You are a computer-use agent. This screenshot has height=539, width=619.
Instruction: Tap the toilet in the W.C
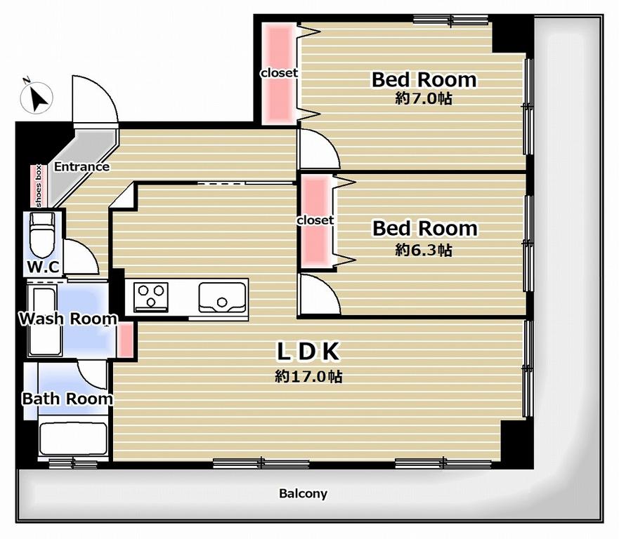pos(42,235)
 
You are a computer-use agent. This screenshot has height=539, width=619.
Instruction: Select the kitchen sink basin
pos(222,297)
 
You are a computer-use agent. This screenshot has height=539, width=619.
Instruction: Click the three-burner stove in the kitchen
pos(151,297)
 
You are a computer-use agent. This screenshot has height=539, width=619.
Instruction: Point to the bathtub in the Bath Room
pos(74,439)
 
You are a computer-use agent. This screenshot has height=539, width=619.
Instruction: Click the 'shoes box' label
pos(39,186)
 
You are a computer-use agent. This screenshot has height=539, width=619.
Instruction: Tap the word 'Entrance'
pos(82,167)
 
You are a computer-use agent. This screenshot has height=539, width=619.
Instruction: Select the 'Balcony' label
pos(304,493)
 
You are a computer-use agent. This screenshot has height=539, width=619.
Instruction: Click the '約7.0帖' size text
pos(424,98)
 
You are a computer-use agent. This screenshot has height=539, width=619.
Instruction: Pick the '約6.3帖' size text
pos(424,250)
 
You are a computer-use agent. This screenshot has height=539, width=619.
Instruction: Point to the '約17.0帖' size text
pos(308,377)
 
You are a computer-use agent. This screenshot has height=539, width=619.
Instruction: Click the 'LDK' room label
pos(308,352)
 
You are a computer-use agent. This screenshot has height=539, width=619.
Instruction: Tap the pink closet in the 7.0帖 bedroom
pos(279,73)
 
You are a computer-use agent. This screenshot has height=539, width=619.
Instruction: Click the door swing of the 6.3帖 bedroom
pos(319,295)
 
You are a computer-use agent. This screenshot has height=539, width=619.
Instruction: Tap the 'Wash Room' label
pos(68,319)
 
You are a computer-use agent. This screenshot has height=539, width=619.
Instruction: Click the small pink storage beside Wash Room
pos(126,340)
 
